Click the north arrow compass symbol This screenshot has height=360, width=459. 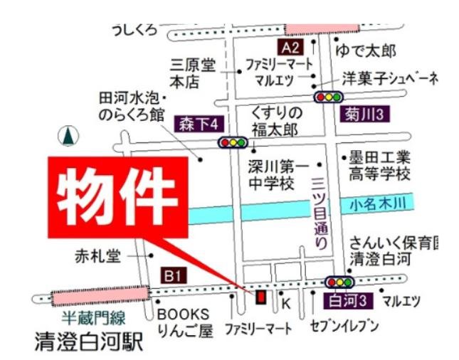tap(69, 135)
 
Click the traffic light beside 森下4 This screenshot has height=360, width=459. tap(233, 142)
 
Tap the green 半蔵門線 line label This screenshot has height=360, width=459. tap(93, 317)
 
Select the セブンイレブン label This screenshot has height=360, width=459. tap(343, 327)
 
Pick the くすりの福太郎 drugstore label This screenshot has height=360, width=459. tap(276, 121)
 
